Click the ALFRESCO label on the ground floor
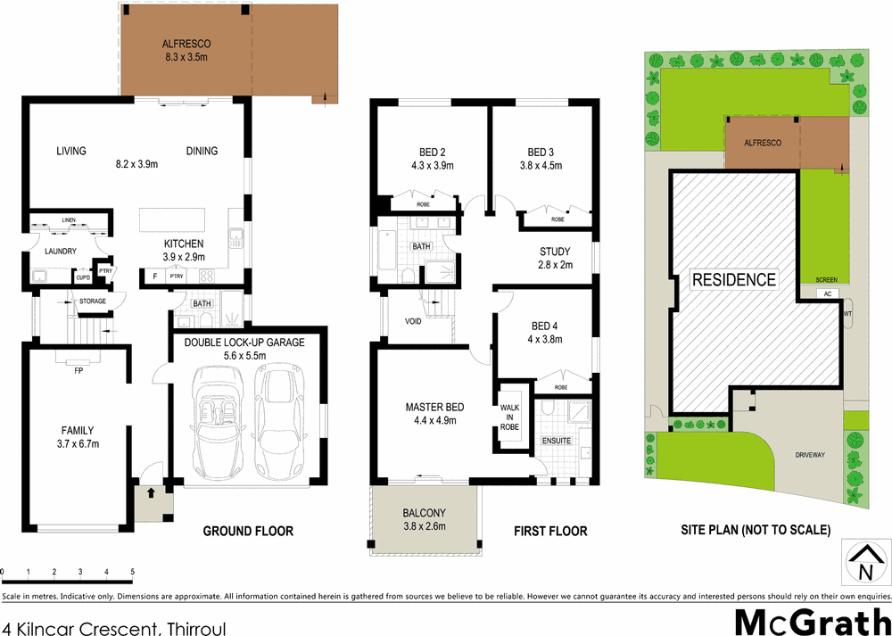(x=185, y=43)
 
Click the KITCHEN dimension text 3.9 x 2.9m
(x=183, y=257)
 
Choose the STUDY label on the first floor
(x=556, y=251)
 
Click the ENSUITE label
(x=556, y=441)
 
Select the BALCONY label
(x=424, y=513)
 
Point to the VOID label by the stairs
(x=413, y=321)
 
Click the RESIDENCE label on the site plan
(x=735, y=279)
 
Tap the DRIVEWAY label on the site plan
(x=811, y=455)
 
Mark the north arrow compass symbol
(x=863, y=563)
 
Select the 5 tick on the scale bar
(x=133, y=571)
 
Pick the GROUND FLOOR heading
(x=248, y=531)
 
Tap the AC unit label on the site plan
(x=828, y=293)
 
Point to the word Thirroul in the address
(x=193, y=629)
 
